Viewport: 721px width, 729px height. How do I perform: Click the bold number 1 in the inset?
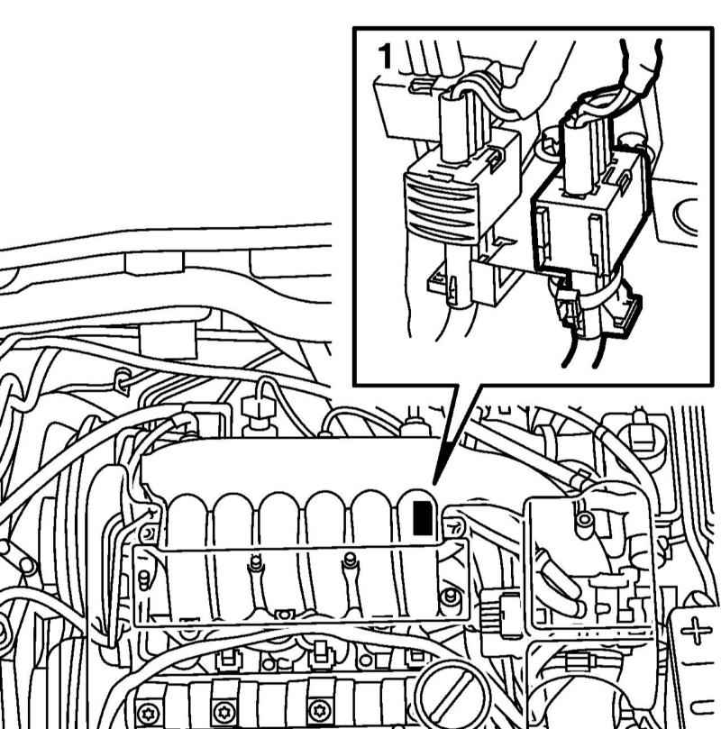pos(386,56)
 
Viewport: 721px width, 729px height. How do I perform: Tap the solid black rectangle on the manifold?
pos(423,518)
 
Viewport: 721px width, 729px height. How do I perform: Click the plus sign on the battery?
pos(696,631)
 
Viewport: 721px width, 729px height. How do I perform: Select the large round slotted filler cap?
pos(452,696)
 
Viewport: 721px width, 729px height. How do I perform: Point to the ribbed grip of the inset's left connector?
pos(440,207)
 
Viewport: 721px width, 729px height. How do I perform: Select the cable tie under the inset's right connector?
pos(599,292)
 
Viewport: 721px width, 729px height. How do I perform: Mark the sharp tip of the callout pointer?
pos(434,484)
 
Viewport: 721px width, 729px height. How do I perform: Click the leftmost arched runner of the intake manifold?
pos(187,518)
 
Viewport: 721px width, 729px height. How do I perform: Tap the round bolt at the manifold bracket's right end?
pos(449,596)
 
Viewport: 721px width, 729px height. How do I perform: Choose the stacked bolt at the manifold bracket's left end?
pos(144,579)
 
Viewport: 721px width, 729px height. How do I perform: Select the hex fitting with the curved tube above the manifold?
pos(257,409)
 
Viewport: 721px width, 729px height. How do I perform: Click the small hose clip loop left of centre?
pos(122,381)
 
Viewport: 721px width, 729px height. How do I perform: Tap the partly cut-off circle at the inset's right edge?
pos(685,214)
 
